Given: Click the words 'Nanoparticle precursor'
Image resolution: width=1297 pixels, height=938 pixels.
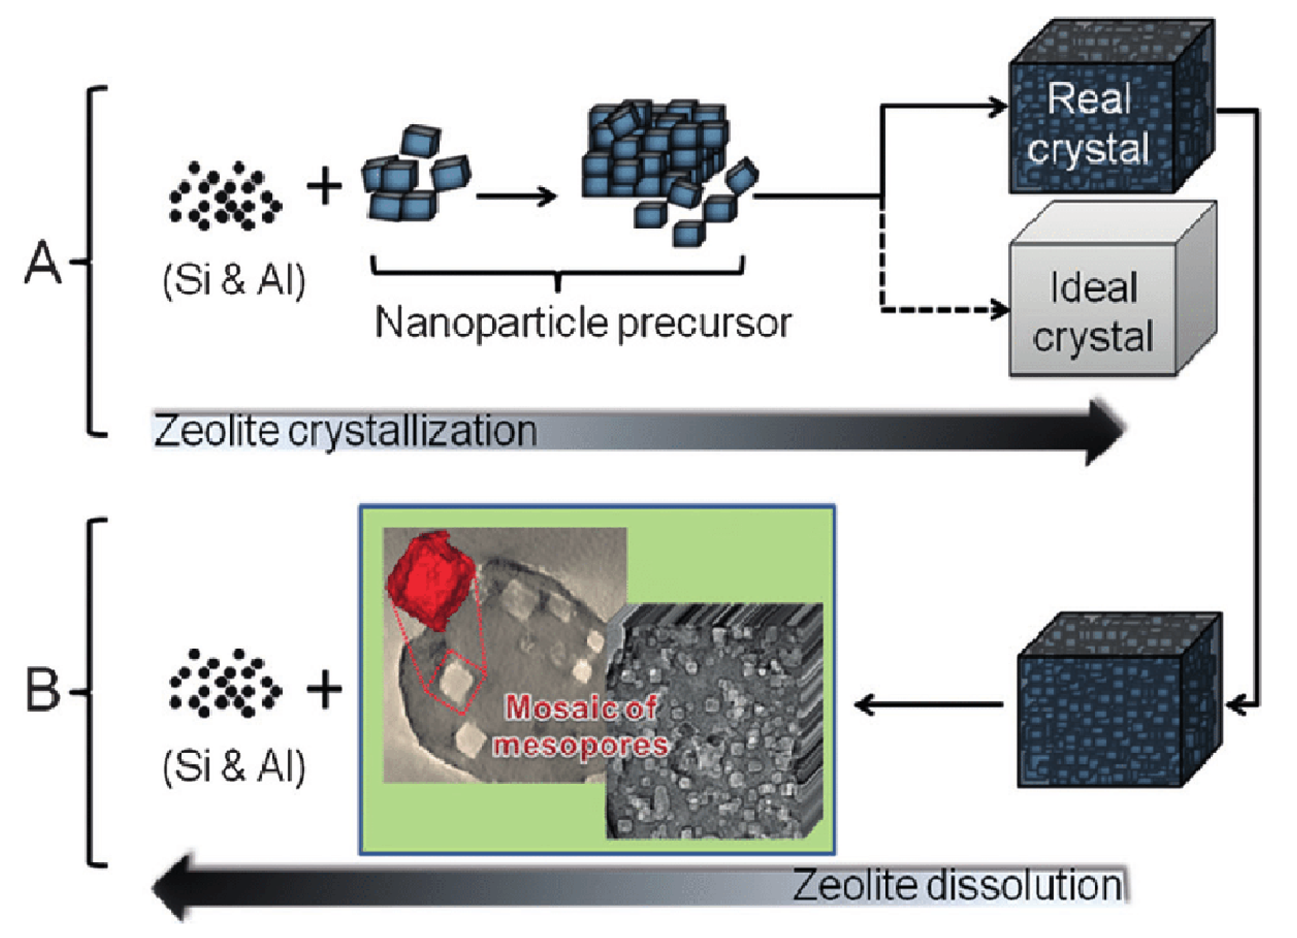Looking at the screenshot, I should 583,324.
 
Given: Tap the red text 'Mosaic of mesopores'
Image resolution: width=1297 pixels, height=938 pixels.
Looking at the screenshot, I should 581,726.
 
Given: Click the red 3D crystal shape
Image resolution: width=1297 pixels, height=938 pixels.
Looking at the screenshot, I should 432,581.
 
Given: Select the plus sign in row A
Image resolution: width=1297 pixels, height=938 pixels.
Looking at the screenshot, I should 324,187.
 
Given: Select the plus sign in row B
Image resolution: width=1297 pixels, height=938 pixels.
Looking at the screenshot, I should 324,689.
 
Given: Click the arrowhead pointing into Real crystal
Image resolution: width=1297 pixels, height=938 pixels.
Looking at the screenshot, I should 999,106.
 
